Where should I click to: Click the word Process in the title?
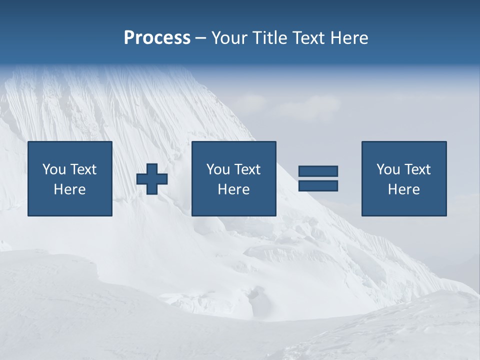(x=157, y=38)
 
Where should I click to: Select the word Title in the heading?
(x=270, y=38)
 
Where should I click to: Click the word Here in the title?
(x=349, y=38)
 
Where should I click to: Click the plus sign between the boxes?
(x=152, y=178)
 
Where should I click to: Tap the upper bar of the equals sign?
(x=318, y=171)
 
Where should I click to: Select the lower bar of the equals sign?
(x=318, y=185)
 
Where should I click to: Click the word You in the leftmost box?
(x=54, y=169)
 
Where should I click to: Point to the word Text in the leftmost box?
(x=82, y=169)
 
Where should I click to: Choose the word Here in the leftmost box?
(x=69, y=189)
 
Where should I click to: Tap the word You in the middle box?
(x=218, y=169)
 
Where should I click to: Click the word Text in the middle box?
(x=246, y=169)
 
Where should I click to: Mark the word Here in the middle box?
(x=233, y=189)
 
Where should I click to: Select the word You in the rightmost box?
(x=388, y=169)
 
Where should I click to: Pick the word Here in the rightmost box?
(x=403, y=189)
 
